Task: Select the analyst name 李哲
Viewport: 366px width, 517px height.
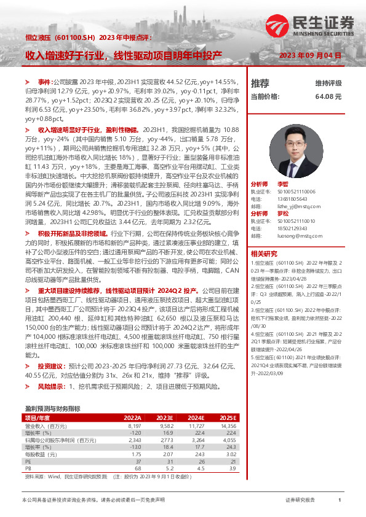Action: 282,184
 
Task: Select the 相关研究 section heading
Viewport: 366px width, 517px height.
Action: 264,253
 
